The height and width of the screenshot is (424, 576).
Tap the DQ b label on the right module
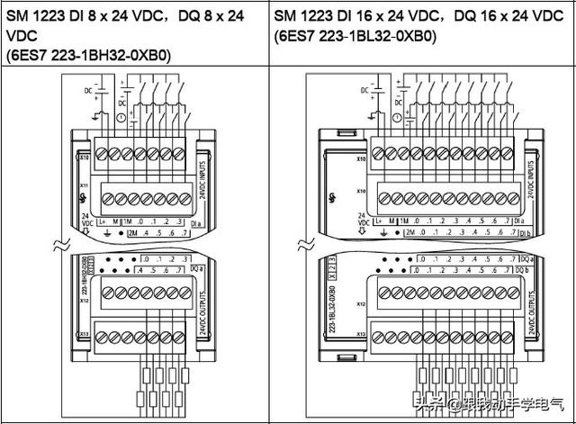tap(525, 269)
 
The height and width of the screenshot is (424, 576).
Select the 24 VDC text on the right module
tap(337, 221)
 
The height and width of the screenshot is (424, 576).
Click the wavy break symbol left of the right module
tap(301, 244)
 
